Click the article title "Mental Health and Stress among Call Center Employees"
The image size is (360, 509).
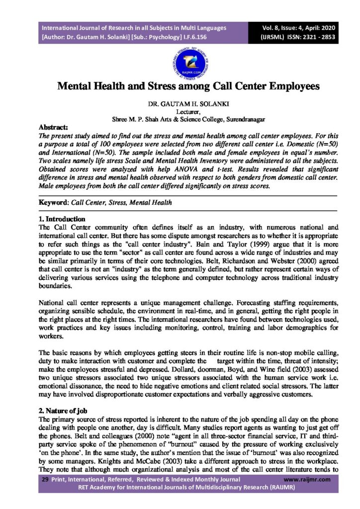180,86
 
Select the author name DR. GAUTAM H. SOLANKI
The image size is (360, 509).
180,105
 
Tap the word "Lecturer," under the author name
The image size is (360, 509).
180,112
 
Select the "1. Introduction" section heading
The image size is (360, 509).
62,219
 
